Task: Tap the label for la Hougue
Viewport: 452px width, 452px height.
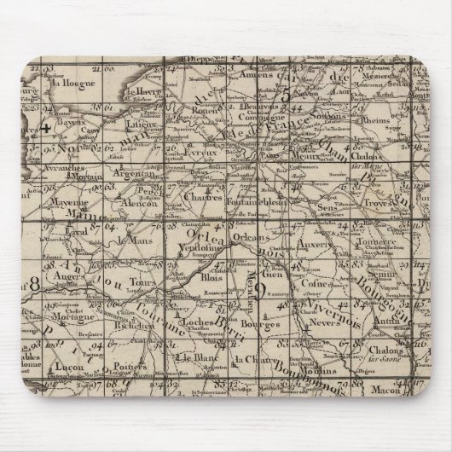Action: (71, 84)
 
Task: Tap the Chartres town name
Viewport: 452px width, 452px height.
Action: (217, 198)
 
